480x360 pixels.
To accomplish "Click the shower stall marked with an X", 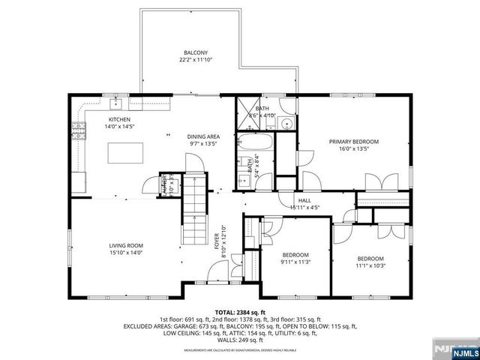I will [x=249, y=112].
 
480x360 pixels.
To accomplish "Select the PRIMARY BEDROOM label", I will [x=354, y=141].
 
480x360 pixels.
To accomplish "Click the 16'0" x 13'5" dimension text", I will [x=354, y=148].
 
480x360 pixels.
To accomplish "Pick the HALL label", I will [x=305, y=200].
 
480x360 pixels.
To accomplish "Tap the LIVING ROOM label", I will [x=104, y=245].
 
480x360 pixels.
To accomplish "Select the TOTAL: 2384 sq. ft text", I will [x=240, y=312].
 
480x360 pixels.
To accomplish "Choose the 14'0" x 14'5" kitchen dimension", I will [x=119, y=127].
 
